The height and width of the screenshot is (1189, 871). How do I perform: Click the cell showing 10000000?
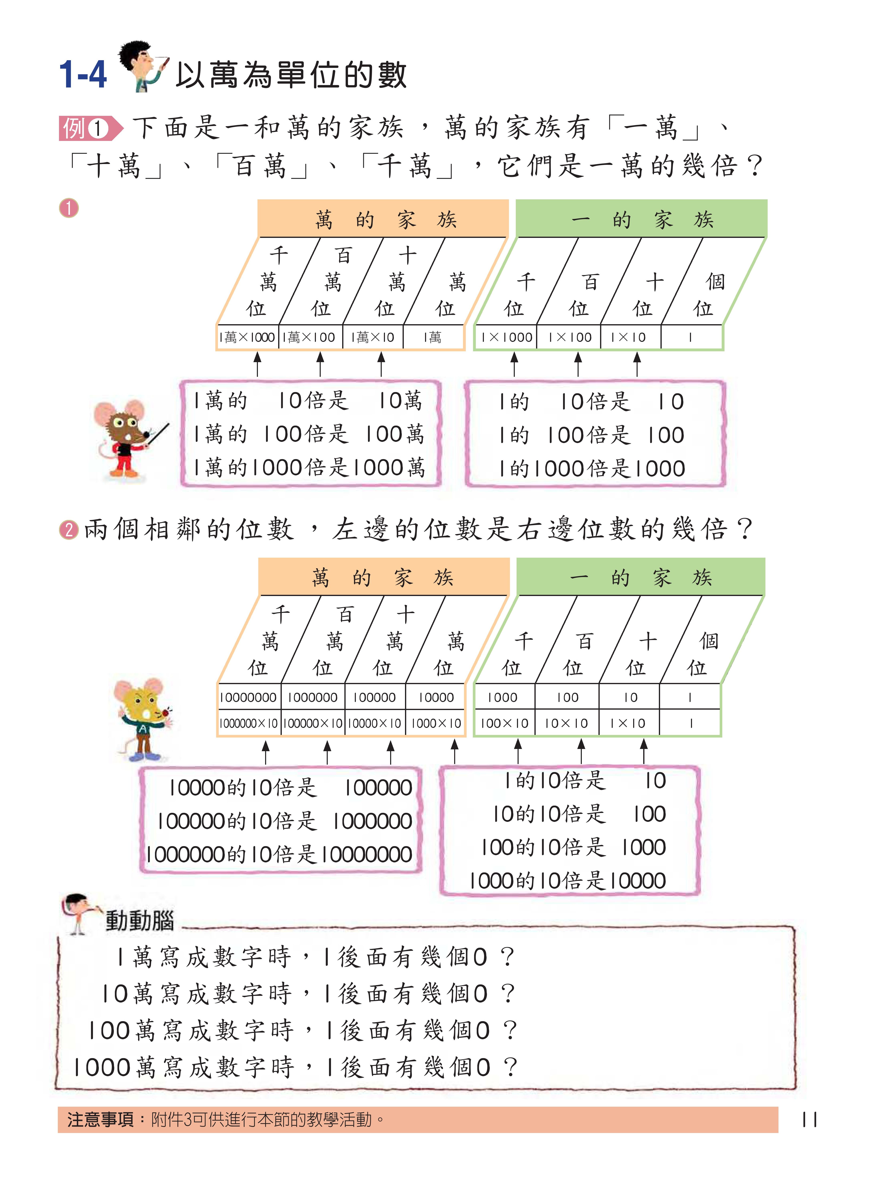pyautogui.click(x=248, y=697)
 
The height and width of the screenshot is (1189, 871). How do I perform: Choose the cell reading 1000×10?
pyautogui.click(x=436, y=723)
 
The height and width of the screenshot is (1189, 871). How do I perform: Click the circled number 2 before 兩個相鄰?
pyautogui.click(x=69, y=529)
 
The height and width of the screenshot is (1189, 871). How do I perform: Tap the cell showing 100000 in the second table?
pyautogui.click(x=374, y=697)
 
